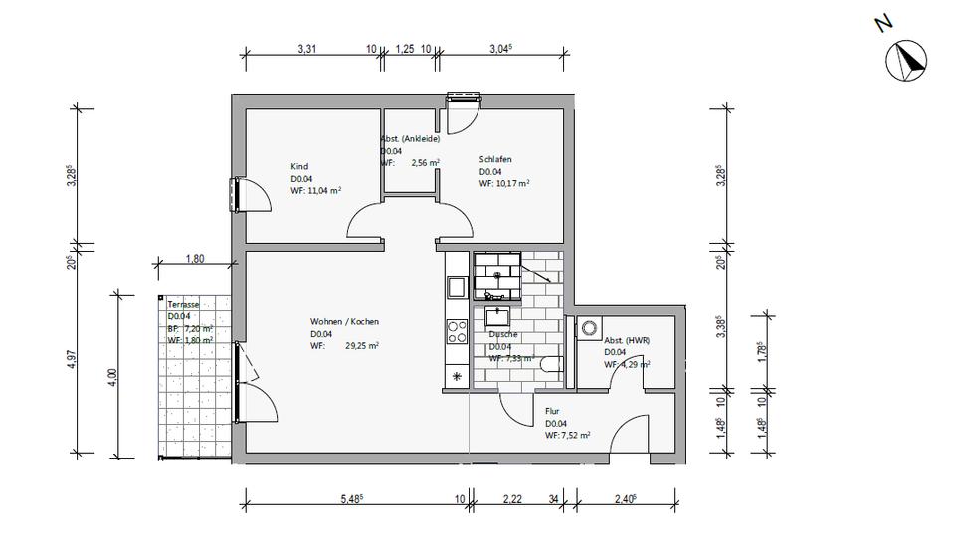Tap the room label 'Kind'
tap(299, 167)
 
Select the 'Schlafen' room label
tap(495, 159)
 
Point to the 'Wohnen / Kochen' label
tap(344, 322)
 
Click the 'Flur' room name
tap(552, 411)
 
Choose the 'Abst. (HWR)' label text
tap(628, 339)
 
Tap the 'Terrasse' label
tap(184, 305)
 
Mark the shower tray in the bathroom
tap(495, 275)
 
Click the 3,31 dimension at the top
tap(309, 48)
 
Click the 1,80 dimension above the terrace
tap(195, 259)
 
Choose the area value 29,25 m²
tap(362, 346)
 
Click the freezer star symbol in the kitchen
tap(457, 376)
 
